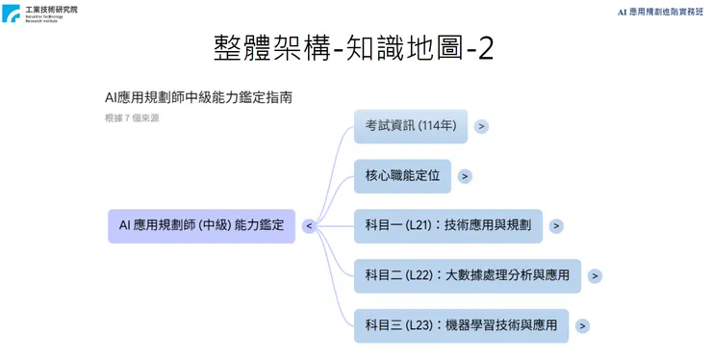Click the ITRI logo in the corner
coord(12,13)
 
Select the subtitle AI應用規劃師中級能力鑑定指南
coord(198,97)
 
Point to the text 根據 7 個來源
coord(133,117)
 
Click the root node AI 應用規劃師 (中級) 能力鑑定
coord(201,225)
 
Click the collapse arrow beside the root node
coord(309,226)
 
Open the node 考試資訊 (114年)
coord(411,126)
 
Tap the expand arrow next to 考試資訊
coord(481,126)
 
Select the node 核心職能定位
coord(402,175)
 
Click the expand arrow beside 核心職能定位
coord(465,176)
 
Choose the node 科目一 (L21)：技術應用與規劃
coord(447,225)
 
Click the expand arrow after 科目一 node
coord(556,226)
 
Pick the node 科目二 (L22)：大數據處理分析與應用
coord(467,275)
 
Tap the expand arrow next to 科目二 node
coord(595,276)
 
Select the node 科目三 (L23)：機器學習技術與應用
coord(461,325)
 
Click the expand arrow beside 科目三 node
coord(582,326)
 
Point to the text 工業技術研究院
coord(52,8)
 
